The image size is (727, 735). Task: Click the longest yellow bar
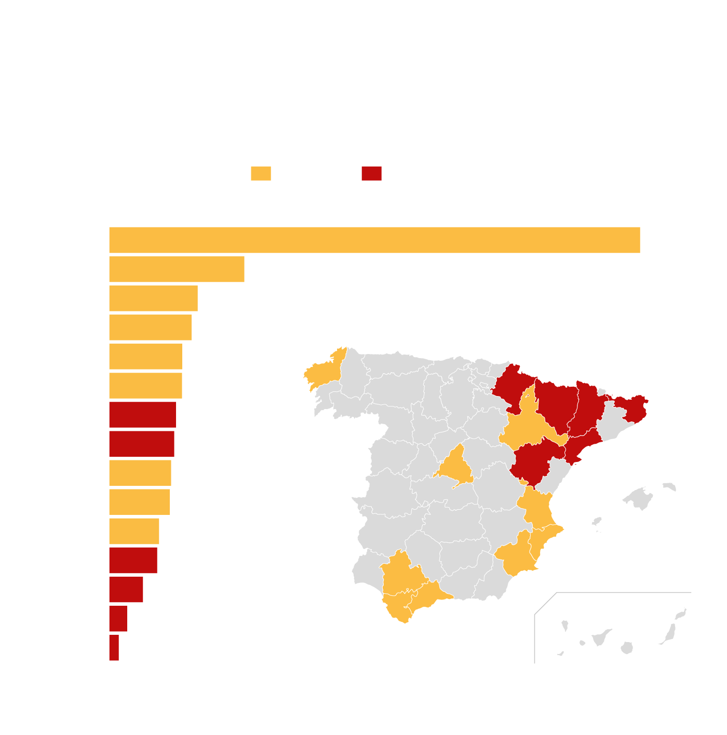(374, 240)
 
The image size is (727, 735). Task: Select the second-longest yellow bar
(177, 269)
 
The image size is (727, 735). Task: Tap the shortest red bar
(114, 647)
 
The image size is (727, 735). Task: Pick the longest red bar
(142, 414)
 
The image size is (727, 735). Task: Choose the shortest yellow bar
(134, 530)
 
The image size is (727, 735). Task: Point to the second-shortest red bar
(118, 618)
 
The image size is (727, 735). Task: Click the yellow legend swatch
(261, 173)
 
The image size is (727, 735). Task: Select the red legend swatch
(371, 173)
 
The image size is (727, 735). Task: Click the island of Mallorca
(639, 499)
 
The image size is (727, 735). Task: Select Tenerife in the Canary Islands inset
(601, 636)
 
